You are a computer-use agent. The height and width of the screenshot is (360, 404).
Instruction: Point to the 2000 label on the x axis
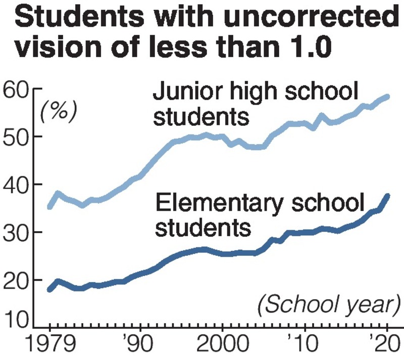[221, 345]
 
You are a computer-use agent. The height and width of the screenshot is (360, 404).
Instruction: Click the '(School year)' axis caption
[329, 305]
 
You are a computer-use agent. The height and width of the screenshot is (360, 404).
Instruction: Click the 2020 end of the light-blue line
[388, 97]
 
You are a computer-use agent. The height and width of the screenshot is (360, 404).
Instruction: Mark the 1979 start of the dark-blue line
[49, 290]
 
